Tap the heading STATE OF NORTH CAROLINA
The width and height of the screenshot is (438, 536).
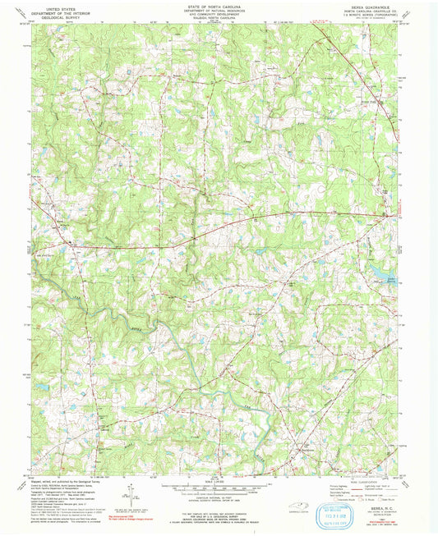[x=219, y=5]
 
